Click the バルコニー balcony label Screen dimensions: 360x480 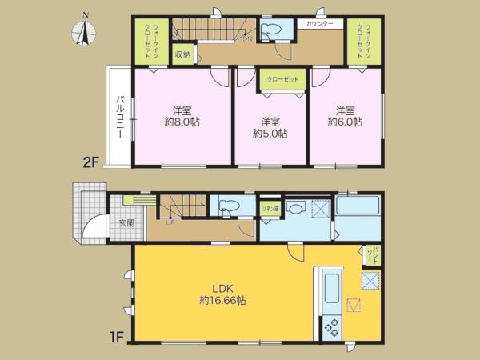(x=119, y=118)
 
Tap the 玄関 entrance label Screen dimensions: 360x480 (x=126, y=223)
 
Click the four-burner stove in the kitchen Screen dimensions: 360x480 (x=330, y=326)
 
